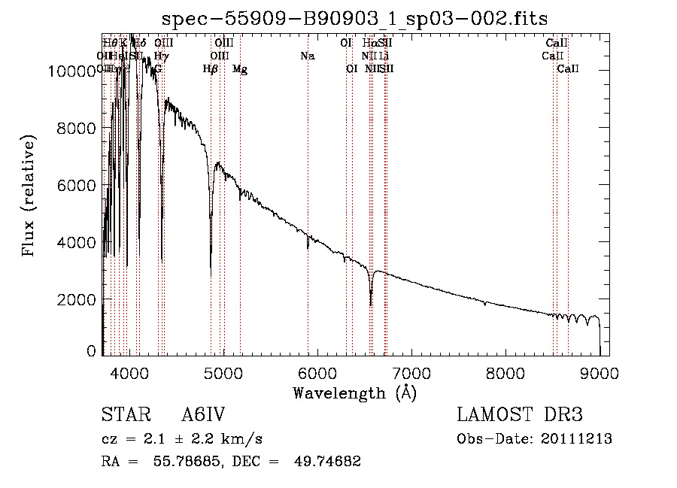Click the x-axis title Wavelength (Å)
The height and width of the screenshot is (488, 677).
[x=354, y=392]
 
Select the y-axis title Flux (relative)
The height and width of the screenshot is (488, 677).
[x=29, y=197]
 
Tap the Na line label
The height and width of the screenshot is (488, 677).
[x=307, y=56]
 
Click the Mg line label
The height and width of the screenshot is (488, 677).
[x=240, y=69]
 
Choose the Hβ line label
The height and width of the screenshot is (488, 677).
[x=211, y=69]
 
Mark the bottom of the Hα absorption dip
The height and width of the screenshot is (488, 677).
[x=370, y=304]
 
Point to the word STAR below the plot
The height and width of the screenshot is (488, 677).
[x=120, y=415]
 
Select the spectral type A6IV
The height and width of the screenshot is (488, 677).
[x=203, y=415]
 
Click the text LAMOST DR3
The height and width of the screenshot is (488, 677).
[x=520, y=415]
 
